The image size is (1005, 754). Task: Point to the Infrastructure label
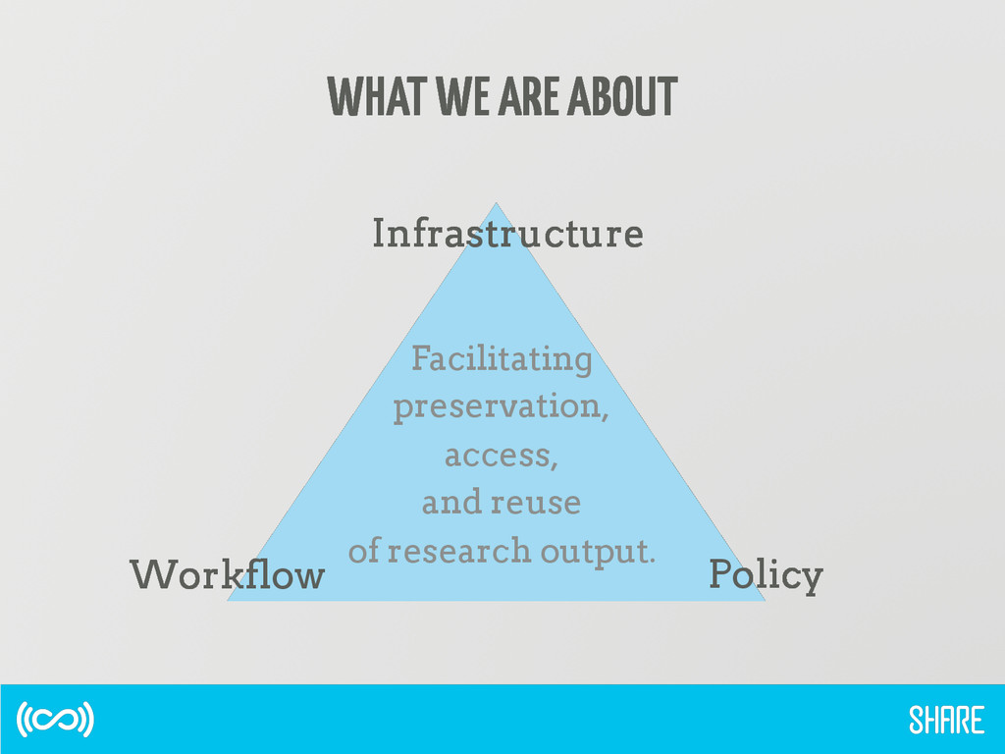(507, 235)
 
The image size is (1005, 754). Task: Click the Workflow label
(227, 574)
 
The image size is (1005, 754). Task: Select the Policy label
(766, 575)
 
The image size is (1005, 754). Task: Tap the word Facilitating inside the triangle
(502, 359)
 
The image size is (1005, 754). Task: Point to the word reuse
(535, 504)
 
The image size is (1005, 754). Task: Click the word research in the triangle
(449, 552)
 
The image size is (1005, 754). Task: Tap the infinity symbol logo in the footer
(55, 720)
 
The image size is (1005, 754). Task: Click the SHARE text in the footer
(946, 722)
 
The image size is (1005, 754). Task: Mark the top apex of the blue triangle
(497, 204)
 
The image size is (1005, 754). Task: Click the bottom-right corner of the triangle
(764, 599)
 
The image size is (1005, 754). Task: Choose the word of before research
(363, 552)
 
